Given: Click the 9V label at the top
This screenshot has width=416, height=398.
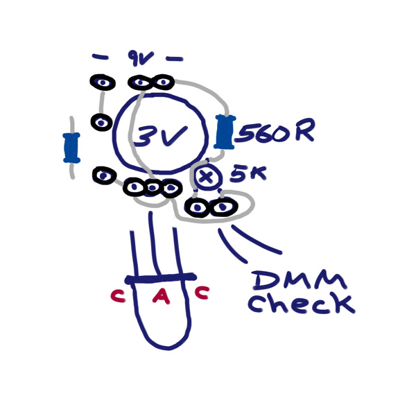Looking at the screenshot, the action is click(x=140, y=58).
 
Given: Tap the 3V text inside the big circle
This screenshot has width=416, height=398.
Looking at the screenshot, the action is click(x=161, y=136).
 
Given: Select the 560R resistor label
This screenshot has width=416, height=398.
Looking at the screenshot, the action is click(x=275, y=132).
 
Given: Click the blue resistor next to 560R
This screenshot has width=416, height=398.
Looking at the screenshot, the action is click(x=225, y=132).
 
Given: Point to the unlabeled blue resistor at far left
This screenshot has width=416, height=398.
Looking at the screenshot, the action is click(x=71, y=148).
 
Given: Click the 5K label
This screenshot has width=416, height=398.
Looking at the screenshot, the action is click(x=248, y=174).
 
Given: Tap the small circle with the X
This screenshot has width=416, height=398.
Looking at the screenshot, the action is click(x=207, y=176).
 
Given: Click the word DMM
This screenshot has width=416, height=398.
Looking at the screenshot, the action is click(x=300, y=282).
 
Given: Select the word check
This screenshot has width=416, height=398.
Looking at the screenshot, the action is click(x=302, y=304).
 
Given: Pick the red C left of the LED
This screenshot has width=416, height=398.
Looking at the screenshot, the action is click(x=118, y=295).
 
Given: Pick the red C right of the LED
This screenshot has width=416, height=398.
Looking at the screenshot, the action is click(x=202, y=293).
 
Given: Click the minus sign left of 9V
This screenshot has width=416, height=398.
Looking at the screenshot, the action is click(x=100, y=57).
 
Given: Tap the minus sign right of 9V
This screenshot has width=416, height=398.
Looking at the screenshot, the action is click(x=175, y=59).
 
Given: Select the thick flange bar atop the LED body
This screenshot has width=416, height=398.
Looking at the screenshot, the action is click(x=161, y=278).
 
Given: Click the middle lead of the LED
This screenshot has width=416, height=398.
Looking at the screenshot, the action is click(x=154, y=243).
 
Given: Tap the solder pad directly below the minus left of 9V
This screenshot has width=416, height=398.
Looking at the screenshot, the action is click(x=103, y=83).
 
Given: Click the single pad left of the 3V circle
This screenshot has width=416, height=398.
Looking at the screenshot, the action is click(x=101, y=122).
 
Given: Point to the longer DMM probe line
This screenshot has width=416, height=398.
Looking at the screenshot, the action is click(x=255, y=239).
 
